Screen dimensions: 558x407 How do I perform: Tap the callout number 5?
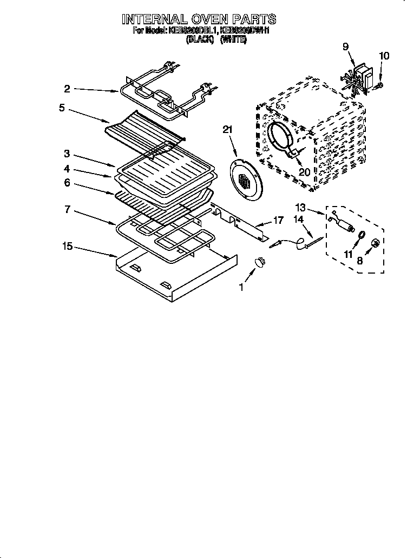62,108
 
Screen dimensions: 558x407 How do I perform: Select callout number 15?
67,247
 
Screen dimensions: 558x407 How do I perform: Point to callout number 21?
227,129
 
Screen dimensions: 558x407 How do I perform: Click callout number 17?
278,221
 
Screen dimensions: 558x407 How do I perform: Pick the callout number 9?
345,46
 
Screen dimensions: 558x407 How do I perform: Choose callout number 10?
384,55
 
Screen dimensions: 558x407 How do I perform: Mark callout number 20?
304,171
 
